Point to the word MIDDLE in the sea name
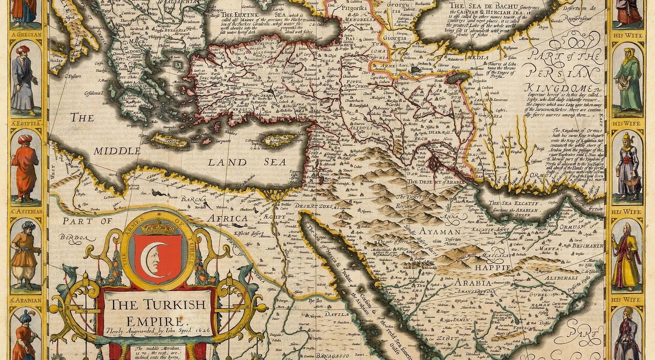pos(117,151)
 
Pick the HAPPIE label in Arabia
pos(494,267)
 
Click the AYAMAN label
pos(440,232)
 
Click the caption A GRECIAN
pos(26,35)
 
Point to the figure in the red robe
pos(25,168)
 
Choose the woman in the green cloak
pos(628,79)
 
